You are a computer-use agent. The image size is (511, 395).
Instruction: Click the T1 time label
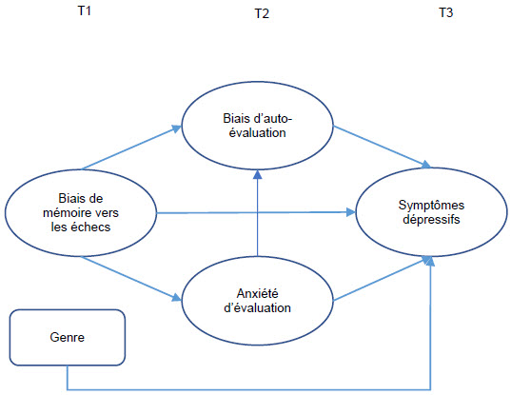tap(84, 10)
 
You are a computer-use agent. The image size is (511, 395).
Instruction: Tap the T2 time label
tap(262, 13)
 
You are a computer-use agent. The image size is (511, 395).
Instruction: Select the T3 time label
tap(446, 12)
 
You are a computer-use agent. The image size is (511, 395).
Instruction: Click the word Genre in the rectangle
tap(68, 337)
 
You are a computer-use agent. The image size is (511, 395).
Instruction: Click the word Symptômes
tap(431, 205)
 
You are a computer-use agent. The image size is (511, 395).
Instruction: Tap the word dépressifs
tap(431, 219)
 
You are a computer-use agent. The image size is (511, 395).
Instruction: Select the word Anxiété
tap(258, 293)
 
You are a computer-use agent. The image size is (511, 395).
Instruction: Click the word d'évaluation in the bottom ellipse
tap(258, 307)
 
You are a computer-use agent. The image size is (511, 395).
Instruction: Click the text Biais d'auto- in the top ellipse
tap(258, 118)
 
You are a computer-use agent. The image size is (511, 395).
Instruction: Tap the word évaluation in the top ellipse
tap(258, 132)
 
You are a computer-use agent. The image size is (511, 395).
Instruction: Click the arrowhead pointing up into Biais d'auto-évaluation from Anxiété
tap(258, 175)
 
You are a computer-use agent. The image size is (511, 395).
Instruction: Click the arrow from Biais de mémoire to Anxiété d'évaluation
tap(131, 278)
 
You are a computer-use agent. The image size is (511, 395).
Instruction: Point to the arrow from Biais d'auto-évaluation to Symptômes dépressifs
tap(382, 148)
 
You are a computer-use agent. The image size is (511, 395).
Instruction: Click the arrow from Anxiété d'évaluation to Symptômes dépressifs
tap(383, 279)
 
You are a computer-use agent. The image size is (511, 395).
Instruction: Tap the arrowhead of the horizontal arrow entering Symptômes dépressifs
tap(351, 212)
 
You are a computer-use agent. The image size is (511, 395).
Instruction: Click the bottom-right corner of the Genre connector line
tap(430, 389)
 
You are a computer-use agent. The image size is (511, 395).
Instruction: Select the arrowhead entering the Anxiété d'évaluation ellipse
tap(177, 297)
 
